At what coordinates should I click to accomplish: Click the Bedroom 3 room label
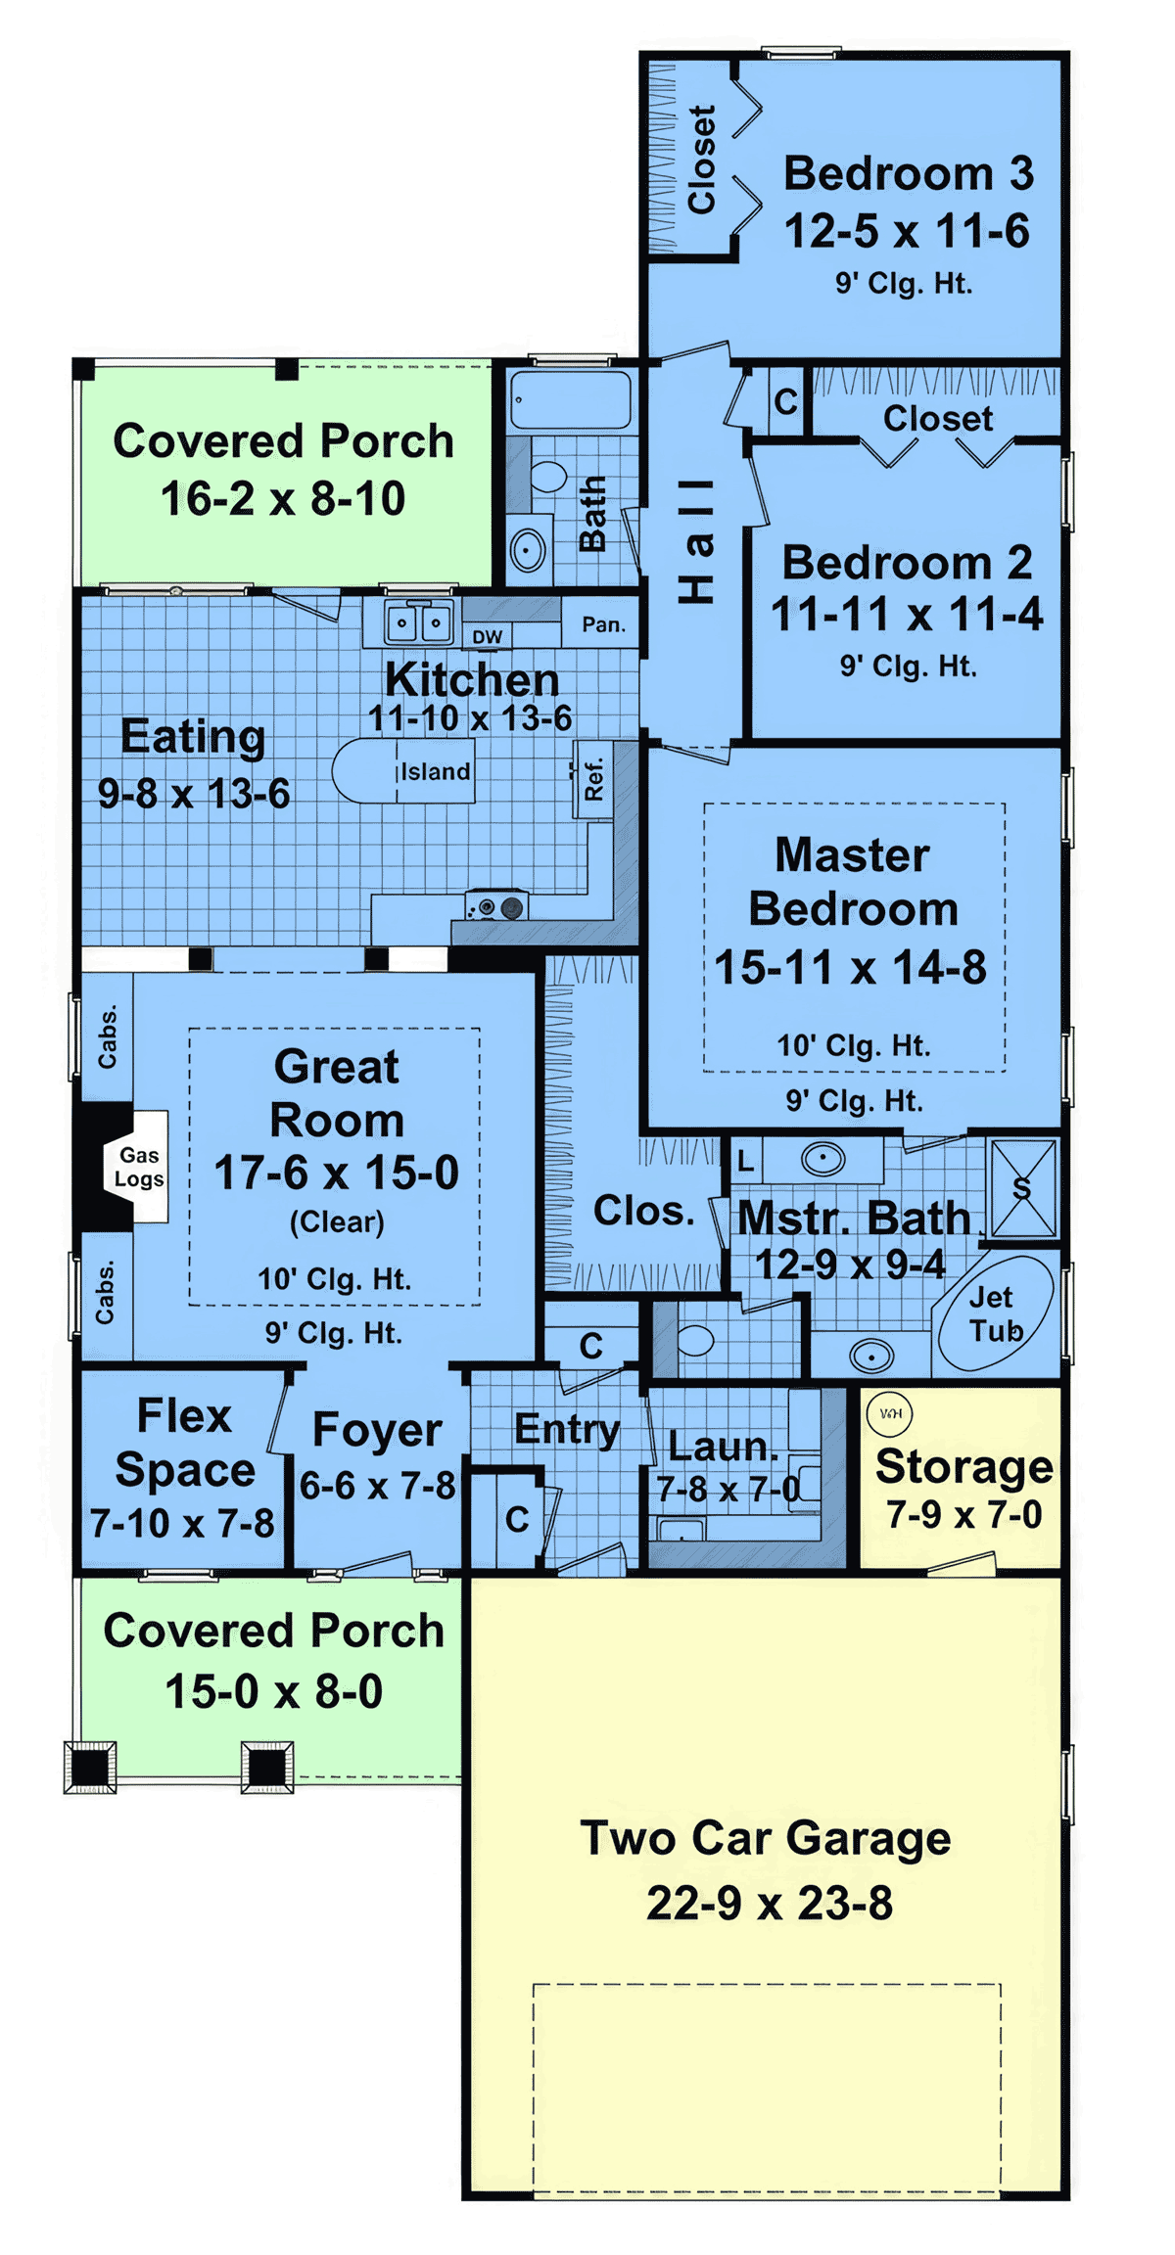(908, 174)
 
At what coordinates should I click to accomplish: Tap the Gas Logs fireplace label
(139, 1167)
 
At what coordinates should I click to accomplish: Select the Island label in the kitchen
(436, 771)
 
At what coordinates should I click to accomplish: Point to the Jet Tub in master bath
(995, 1313)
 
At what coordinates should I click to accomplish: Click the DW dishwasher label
(487, 637)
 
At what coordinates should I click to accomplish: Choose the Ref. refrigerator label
(593, 779)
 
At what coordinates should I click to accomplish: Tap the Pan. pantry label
(603, 624)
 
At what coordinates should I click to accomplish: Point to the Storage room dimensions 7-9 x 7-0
(964, 1515)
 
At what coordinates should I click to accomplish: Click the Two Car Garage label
(766, 1838)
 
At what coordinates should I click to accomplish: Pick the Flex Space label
(184, 1443)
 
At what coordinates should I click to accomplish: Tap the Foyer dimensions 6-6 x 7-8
(377, 1486)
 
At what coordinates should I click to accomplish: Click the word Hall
(697, 540)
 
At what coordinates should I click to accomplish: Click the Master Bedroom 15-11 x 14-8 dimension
(850, 968)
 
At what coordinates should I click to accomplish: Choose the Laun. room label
(723, 1447)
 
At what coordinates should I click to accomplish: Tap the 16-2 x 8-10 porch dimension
(283, 499)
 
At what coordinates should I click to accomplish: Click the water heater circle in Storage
(890, 1413)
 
